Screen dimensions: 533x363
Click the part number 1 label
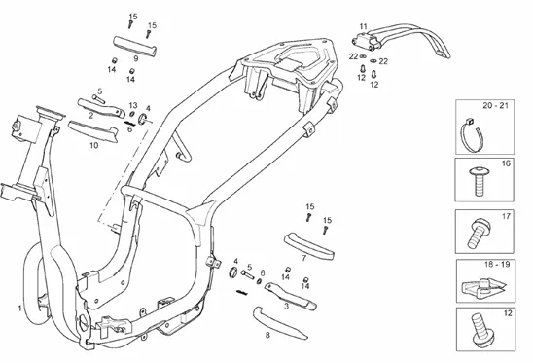tap(20, 309)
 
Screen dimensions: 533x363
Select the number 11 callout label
tap(364, 26)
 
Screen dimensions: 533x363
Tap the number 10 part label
tap(93, 145)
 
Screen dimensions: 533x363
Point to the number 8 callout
tap(267, 335)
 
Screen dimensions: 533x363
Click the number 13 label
tap(133, 105)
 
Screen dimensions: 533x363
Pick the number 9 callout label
tap(136, 58)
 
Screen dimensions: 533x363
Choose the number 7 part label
tap(304, 258)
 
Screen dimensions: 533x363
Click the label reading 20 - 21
tap(496, 105)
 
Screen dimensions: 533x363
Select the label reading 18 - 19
tap(497, 265)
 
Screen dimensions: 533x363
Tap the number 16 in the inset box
tap(506, 163)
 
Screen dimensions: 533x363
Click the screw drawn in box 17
tap(478, 233)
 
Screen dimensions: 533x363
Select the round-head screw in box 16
tap(479, 181)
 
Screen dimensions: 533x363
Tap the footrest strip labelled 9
tap(134, 46)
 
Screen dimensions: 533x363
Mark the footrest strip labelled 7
tap(308, 246)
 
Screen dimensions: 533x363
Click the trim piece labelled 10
tap(92, 130)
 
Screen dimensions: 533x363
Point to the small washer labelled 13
tap(133, 114)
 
